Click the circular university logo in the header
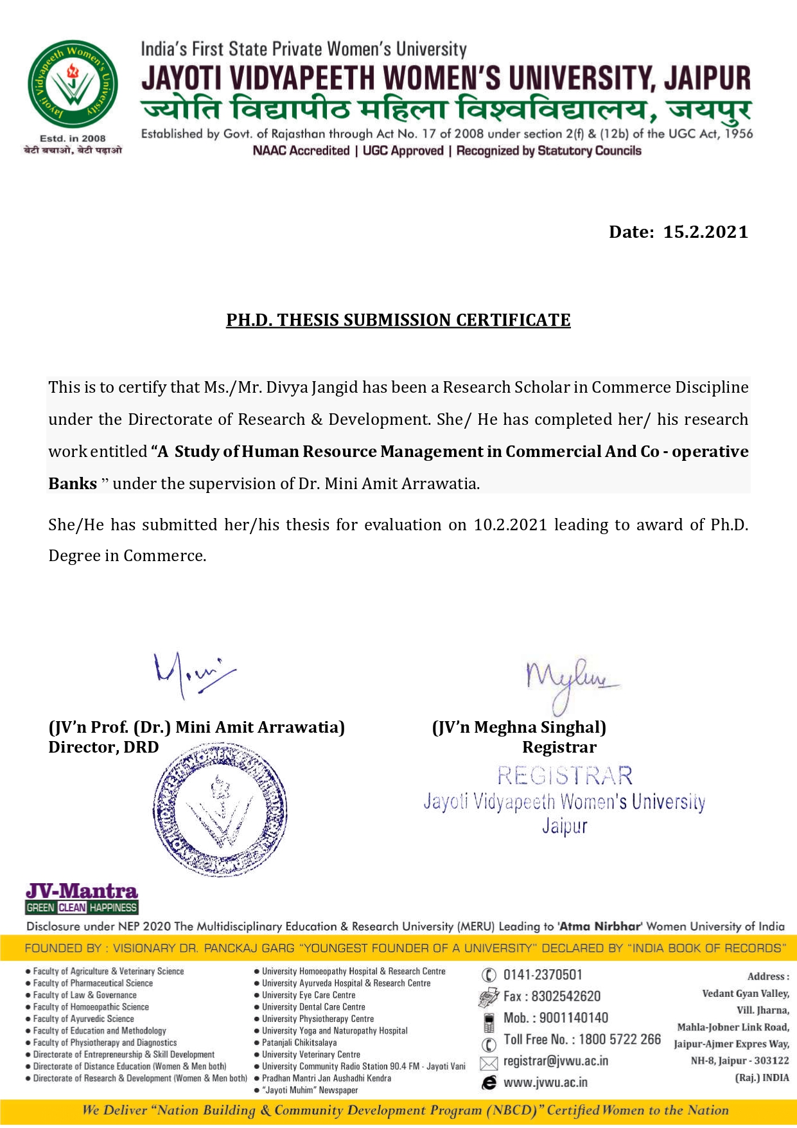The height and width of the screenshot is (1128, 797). coord(73,85)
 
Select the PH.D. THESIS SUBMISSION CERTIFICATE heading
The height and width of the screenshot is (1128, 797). coord(398,320)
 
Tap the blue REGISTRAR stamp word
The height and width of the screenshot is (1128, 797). coord(565,776)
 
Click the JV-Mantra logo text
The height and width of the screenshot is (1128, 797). coord(82,891)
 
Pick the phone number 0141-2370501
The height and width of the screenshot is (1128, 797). coord(543,975)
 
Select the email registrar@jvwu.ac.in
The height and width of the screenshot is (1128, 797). coord(556,1061)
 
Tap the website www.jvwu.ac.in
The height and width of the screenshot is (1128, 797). coord(545,1082)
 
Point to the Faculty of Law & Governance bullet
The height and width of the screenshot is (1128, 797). coord(85,995)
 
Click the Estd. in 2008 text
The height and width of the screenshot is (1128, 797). coord(73,138)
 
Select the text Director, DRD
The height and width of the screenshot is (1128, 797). coord(103,748)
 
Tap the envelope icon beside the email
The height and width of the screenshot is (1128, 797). coord(489,1062)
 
